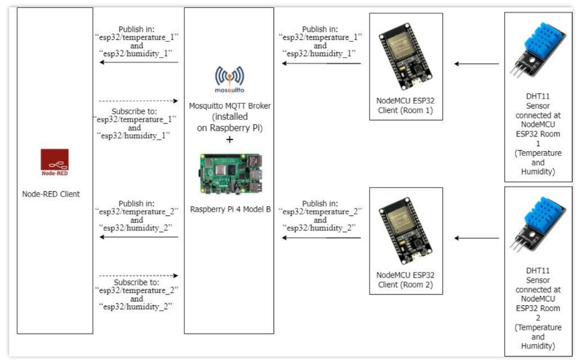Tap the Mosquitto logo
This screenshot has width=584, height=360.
pos(229,80)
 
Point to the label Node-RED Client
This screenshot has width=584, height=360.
pos(55,194)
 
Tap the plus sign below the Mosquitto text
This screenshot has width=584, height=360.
pos(229,139)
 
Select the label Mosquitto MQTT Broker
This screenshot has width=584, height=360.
pos(229,106)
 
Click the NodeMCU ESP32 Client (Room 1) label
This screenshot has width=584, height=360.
pos(405,106)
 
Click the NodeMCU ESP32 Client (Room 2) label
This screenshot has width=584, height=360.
pos(405,280)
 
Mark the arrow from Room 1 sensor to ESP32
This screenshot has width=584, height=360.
pos(476,64)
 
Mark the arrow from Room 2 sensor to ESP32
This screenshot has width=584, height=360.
pos(476,238)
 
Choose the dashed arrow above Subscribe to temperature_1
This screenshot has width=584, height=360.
pos(139,101)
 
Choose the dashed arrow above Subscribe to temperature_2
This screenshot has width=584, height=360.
pos(139,276)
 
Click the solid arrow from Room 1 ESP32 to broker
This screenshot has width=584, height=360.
pos(322,63)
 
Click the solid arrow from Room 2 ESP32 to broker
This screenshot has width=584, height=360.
pos(322,237)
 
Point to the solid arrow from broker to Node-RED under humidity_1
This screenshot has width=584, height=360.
pos(139,63)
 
